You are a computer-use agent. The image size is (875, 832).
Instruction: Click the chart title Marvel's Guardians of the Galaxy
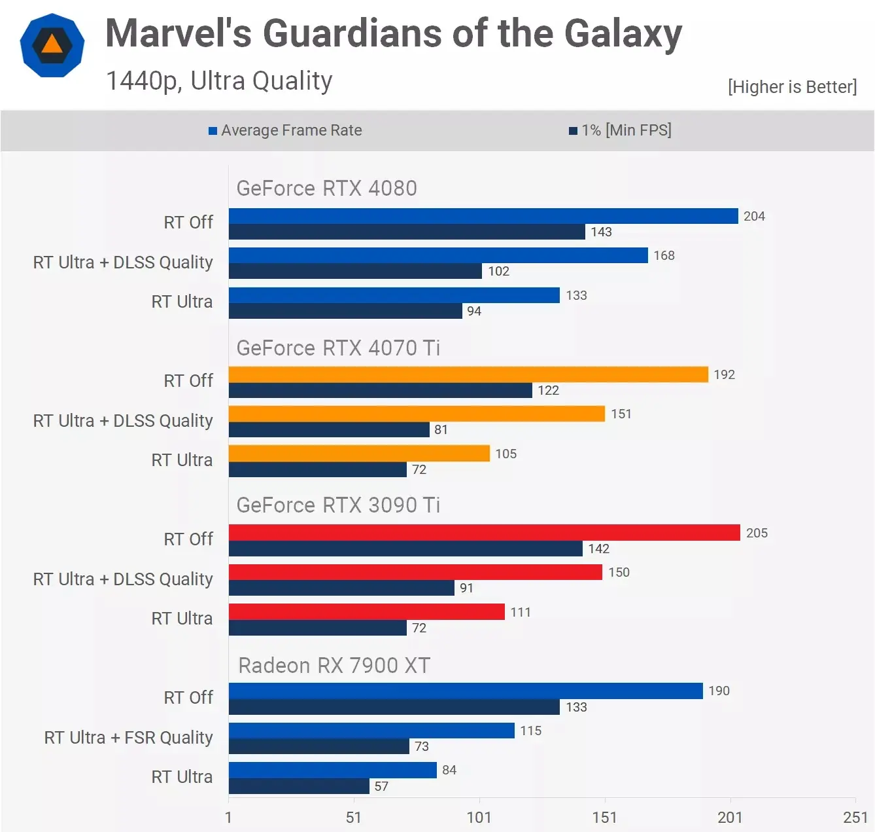393,34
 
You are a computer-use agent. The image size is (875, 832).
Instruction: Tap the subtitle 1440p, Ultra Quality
219,81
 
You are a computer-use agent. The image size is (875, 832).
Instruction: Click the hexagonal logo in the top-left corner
52,45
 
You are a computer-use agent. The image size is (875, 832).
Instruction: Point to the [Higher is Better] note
792,87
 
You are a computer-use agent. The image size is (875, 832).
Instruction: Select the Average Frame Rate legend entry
285,130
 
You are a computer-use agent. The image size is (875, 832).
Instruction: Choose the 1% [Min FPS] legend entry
621,130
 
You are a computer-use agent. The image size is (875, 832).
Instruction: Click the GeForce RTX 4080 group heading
326,189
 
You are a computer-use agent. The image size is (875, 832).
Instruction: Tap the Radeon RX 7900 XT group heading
334,665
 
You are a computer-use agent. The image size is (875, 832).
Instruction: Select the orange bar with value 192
468,374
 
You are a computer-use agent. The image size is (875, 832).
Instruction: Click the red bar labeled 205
484,533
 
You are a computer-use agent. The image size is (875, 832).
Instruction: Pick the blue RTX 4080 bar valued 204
483,216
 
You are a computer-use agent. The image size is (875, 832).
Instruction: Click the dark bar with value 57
299,786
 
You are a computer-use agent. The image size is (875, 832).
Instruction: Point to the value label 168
664,255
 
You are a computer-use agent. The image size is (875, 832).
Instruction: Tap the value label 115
530,731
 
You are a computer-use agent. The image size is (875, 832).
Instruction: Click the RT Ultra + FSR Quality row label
128,738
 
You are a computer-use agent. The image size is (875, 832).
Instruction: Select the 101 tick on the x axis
479,817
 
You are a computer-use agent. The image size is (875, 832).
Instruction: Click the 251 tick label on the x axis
855,817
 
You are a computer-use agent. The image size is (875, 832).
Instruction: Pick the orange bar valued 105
359,454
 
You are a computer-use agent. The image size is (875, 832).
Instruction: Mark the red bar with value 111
366,612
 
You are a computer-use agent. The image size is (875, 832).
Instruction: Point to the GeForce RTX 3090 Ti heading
338,505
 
